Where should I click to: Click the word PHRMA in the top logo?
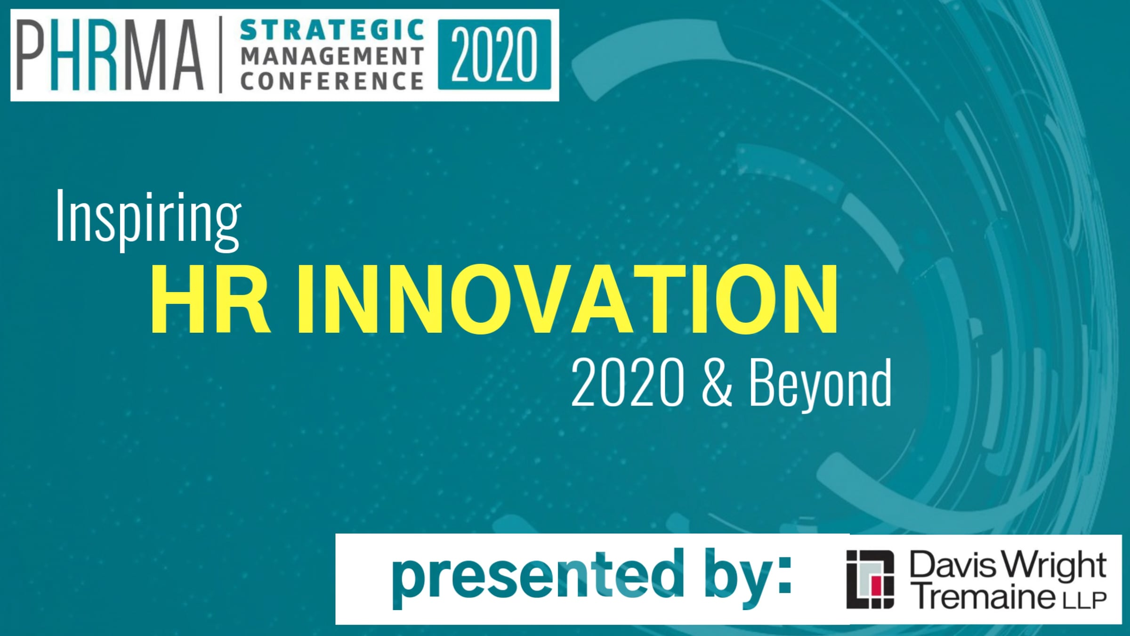pos(110,55)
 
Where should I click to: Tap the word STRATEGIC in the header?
pos(332,31)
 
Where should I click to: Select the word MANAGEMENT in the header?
pos(332,56)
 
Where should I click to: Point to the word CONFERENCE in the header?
pos(332,81)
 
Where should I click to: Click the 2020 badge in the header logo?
pos(494,54)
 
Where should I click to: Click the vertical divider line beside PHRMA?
pos(221,54)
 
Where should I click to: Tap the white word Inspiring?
pos(148,220)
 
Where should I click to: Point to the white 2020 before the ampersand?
pos(627,382)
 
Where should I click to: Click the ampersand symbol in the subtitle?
pos(717,382)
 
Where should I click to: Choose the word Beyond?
pos(820,383)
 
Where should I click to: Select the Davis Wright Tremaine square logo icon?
pos(870,579)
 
